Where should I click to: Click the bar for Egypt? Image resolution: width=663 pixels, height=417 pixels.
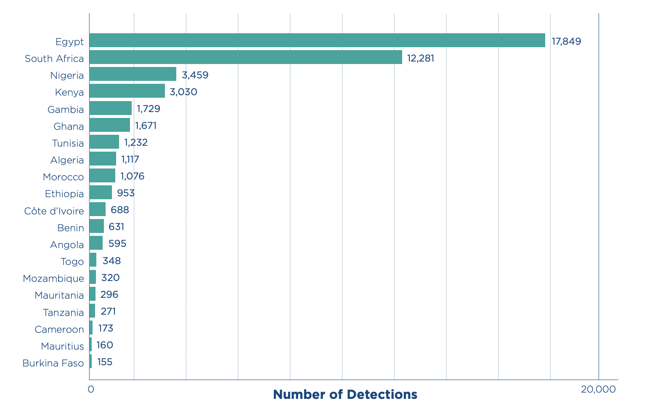click(x=317, y=40)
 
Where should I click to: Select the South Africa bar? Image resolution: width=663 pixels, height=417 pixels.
click(x=245, y=57)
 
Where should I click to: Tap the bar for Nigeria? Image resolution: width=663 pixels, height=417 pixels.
click(x=133, y=74)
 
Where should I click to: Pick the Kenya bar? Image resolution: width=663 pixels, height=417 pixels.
click(x=127, y=91)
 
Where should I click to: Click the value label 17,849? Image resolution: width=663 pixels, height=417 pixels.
click(x=566, y=41)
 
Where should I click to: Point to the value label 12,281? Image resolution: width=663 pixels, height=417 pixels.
click(x=420, y=58)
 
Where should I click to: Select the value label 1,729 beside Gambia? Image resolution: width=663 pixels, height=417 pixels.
click(x=149, y=109)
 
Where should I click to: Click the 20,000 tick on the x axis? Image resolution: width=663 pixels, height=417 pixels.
click(x=598, y=390)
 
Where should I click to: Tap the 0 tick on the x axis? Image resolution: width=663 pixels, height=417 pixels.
click(x=91, y=390)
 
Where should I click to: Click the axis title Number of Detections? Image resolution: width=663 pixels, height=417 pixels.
click(x=345, y=395)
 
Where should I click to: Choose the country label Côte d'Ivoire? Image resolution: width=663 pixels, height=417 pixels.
click(x=54, y=211)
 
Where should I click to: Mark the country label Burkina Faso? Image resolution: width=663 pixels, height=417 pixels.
click(x=53, y=363)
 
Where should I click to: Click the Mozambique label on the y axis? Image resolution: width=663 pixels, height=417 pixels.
click(x=53, y=278)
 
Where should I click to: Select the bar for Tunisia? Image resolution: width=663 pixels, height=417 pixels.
click(x=104, y=142)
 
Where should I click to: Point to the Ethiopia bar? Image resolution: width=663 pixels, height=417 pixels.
click(x=101, y=192)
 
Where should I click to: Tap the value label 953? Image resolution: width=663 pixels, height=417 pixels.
click(x=126, y=193)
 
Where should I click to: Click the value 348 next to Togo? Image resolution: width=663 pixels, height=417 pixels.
click(x=111, y=261)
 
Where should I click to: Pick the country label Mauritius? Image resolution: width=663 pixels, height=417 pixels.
click(x=62, y=346)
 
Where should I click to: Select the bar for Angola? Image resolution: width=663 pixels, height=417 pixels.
click(x=96, y=243)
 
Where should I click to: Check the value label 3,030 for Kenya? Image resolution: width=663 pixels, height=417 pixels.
click(x=183, y=92)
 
